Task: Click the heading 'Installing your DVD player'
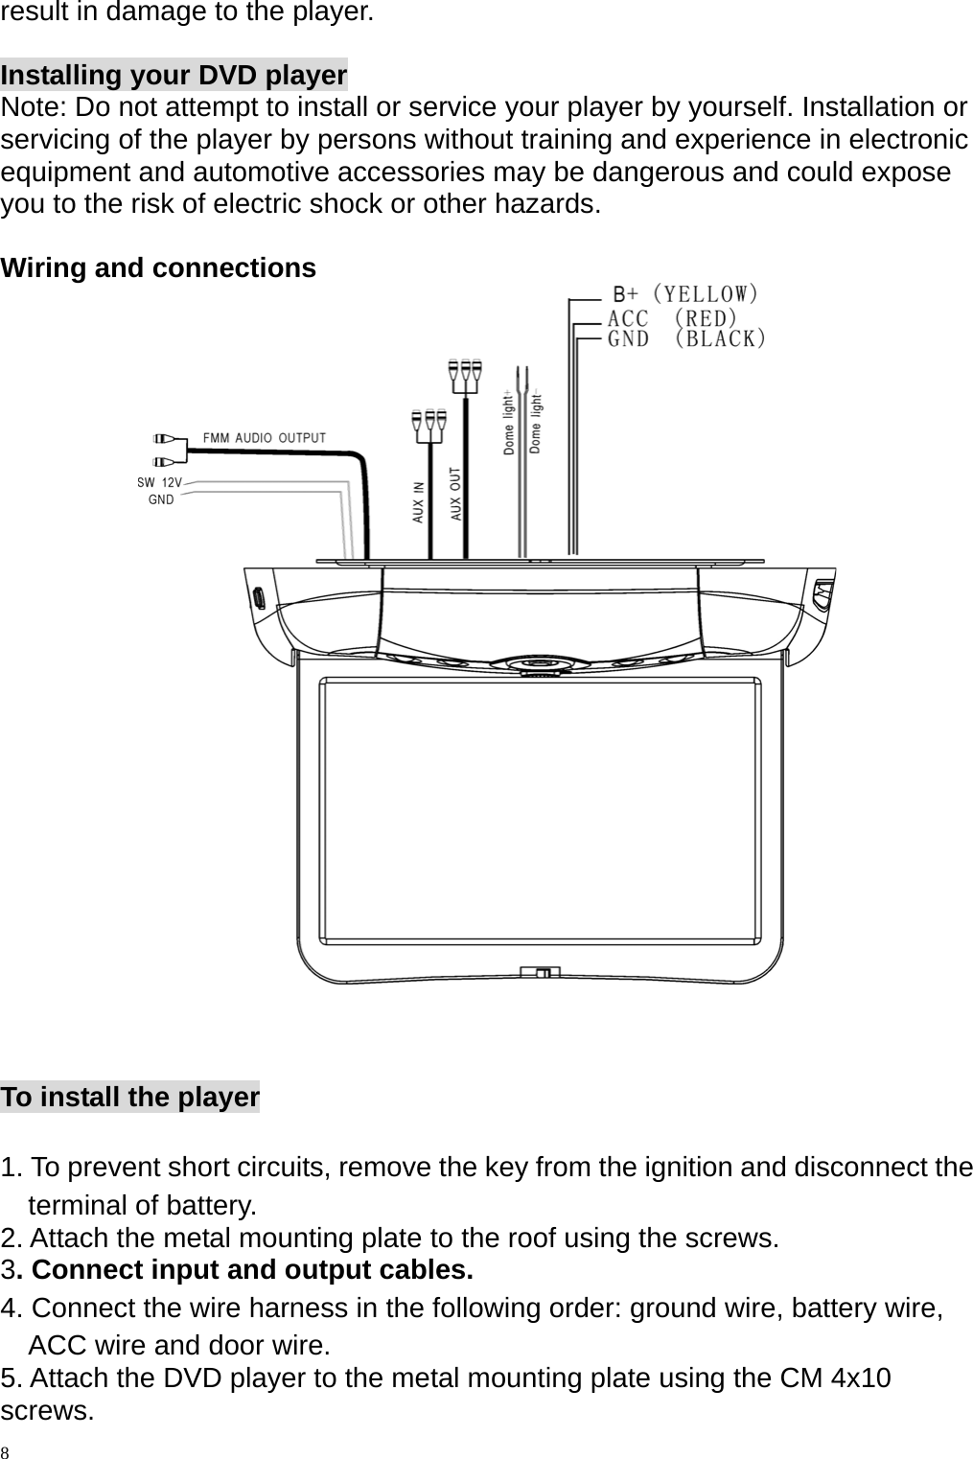pyautogui.click(x=174, y=75)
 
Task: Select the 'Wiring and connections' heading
pyautogui.click(x=158, y=268)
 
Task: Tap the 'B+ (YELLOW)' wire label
pyautogui.click(x=687, y=293)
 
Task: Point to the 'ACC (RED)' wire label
pyautogui.click(x=673, y=316)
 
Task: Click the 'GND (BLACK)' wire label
pyautogui.click(x=687, y=338)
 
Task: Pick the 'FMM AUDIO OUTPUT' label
pyautogui.click(x=264, y=438)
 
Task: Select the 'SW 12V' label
pyautogui.click(x=159, y=482)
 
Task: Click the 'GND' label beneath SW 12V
pyautogui.click(x=161, y=499)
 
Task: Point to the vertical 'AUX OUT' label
pyautogui.click(x=456, y=494)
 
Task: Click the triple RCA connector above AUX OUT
pyautogui.click(x=465, y=375)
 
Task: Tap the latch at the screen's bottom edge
pyautogui.click(x=541, y=971)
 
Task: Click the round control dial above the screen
pyautogui.click(x=537, y=662)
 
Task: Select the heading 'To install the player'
pyautogui.click(x=130, y=1097)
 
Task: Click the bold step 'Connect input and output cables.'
pyautogui.click(x=252, y=1270)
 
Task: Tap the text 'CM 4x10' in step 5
pyautogui.click(x=835, y=1378)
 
